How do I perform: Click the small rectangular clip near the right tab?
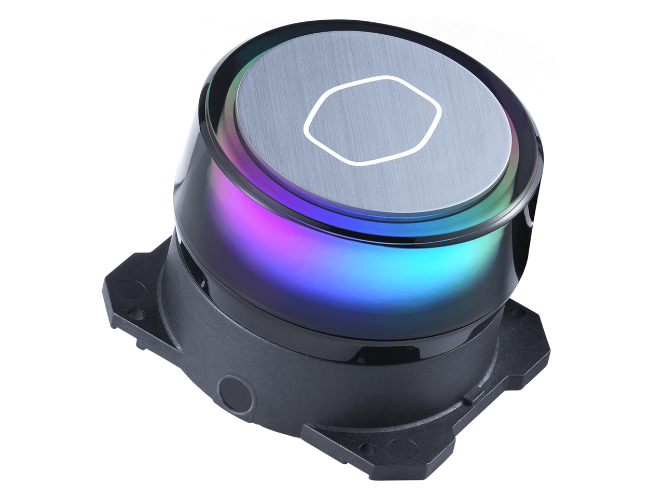(469, 400)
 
